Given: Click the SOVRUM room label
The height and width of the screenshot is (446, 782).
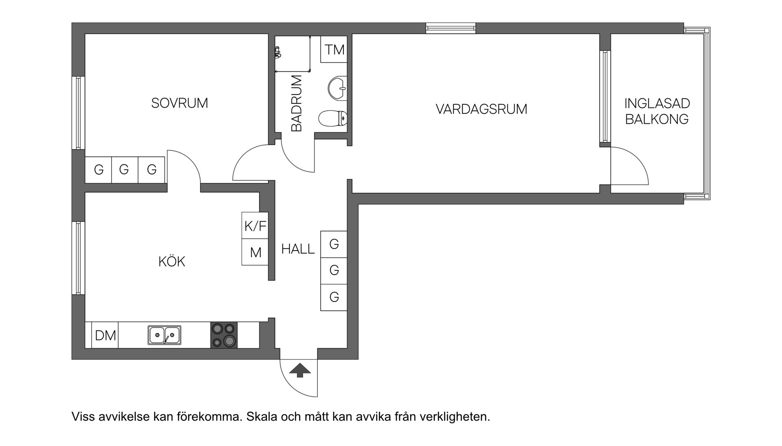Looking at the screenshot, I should pos(180,103).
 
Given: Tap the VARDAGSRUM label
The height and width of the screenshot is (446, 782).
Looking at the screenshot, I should pos(481,109).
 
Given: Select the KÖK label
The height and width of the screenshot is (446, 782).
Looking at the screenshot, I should pos(171,261).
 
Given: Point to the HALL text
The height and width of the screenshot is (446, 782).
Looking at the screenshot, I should pos(298,249).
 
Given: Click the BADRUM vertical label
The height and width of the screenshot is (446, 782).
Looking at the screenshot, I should pos(297,103).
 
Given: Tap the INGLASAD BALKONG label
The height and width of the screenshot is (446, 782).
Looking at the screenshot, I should pos(657,111).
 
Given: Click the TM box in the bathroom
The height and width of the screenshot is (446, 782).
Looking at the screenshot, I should pos(334,50).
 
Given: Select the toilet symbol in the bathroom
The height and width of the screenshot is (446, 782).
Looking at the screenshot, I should pos(332,119).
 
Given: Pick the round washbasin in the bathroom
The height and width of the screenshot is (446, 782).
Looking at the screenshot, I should pos(337,88).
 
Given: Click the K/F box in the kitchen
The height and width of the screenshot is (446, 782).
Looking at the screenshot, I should pos(255,226).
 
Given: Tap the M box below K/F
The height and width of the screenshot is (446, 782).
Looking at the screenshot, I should pos(255,253).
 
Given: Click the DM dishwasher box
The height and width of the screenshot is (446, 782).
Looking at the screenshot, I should pos(105,336).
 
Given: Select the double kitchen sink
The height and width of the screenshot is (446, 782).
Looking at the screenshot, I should pos(165,335).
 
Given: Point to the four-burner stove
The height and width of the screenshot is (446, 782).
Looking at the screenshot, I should pos(224,335).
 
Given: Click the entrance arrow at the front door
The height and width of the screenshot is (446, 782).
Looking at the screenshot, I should pos(300,370).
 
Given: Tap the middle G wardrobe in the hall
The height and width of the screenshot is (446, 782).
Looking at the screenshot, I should pos(334,270).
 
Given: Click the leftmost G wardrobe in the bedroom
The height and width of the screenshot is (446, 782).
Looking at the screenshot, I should pos(98,169).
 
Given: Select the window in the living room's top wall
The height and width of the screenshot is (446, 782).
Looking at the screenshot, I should pos(450,28).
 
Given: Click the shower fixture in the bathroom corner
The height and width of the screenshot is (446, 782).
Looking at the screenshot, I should pos(278,52).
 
